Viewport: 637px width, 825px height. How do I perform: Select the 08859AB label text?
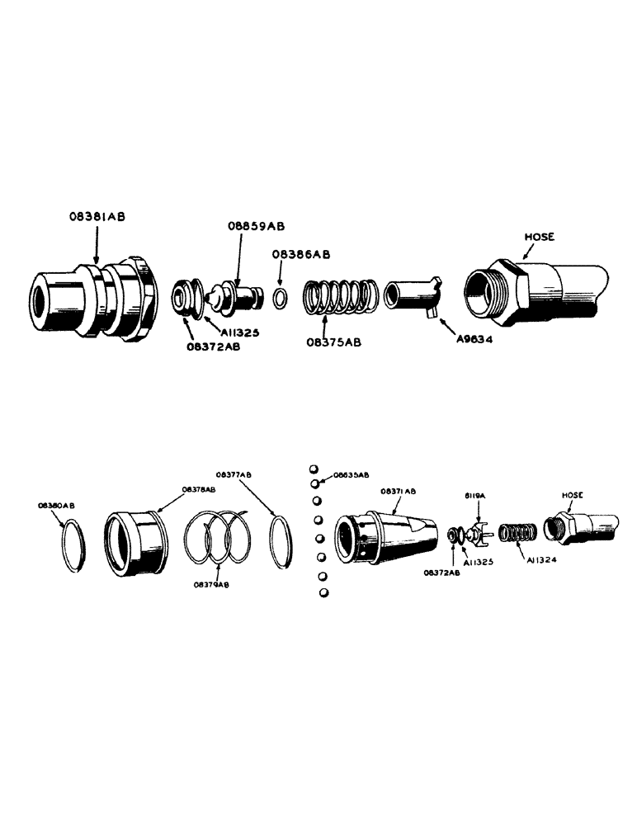coord(257,225)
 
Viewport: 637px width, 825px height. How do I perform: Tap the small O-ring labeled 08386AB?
coord(281,297)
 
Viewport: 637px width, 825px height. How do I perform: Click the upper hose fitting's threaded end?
coord(486,293)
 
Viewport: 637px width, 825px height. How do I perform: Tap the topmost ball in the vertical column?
coord(314,469)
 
